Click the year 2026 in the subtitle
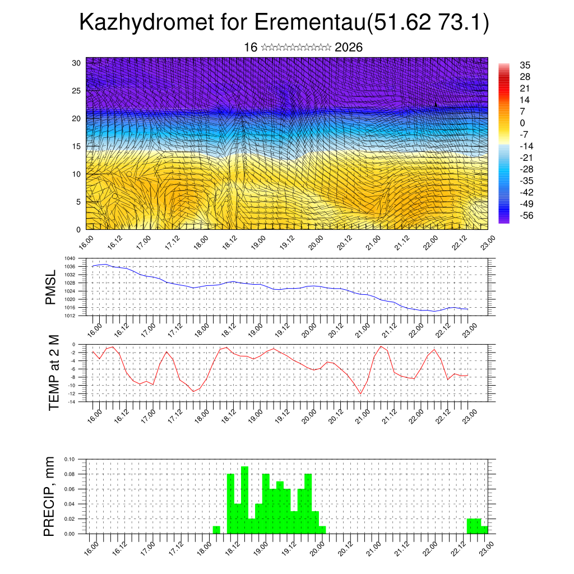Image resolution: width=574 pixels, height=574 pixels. point(349,48)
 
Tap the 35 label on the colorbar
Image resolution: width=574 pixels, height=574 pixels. point(525,65)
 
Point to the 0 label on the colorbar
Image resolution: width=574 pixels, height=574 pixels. point(522,123)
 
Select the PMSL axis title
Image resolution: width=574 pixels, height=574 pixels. point(51,287)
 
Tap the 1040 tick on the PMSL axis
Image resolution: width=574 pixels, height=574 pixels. point(70,258)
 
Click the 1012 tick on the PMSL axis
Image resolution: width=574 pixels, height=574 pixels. point(70,316)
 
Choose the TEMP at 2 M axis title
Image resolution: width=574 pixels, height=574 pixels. point(54,373)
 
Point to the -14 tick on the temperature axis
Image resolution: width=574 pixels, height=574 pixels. point(72,402)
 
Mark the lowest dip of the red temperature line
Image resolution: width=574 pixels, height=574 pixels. point(361,394)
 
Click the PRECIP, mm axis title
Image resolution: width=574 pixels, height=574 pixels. point(50,496)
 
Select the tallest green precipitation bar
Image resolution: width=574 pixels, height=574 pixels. point(244,499)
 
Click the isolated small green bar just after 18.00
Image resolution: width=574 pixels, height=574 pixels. point(216,530)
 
